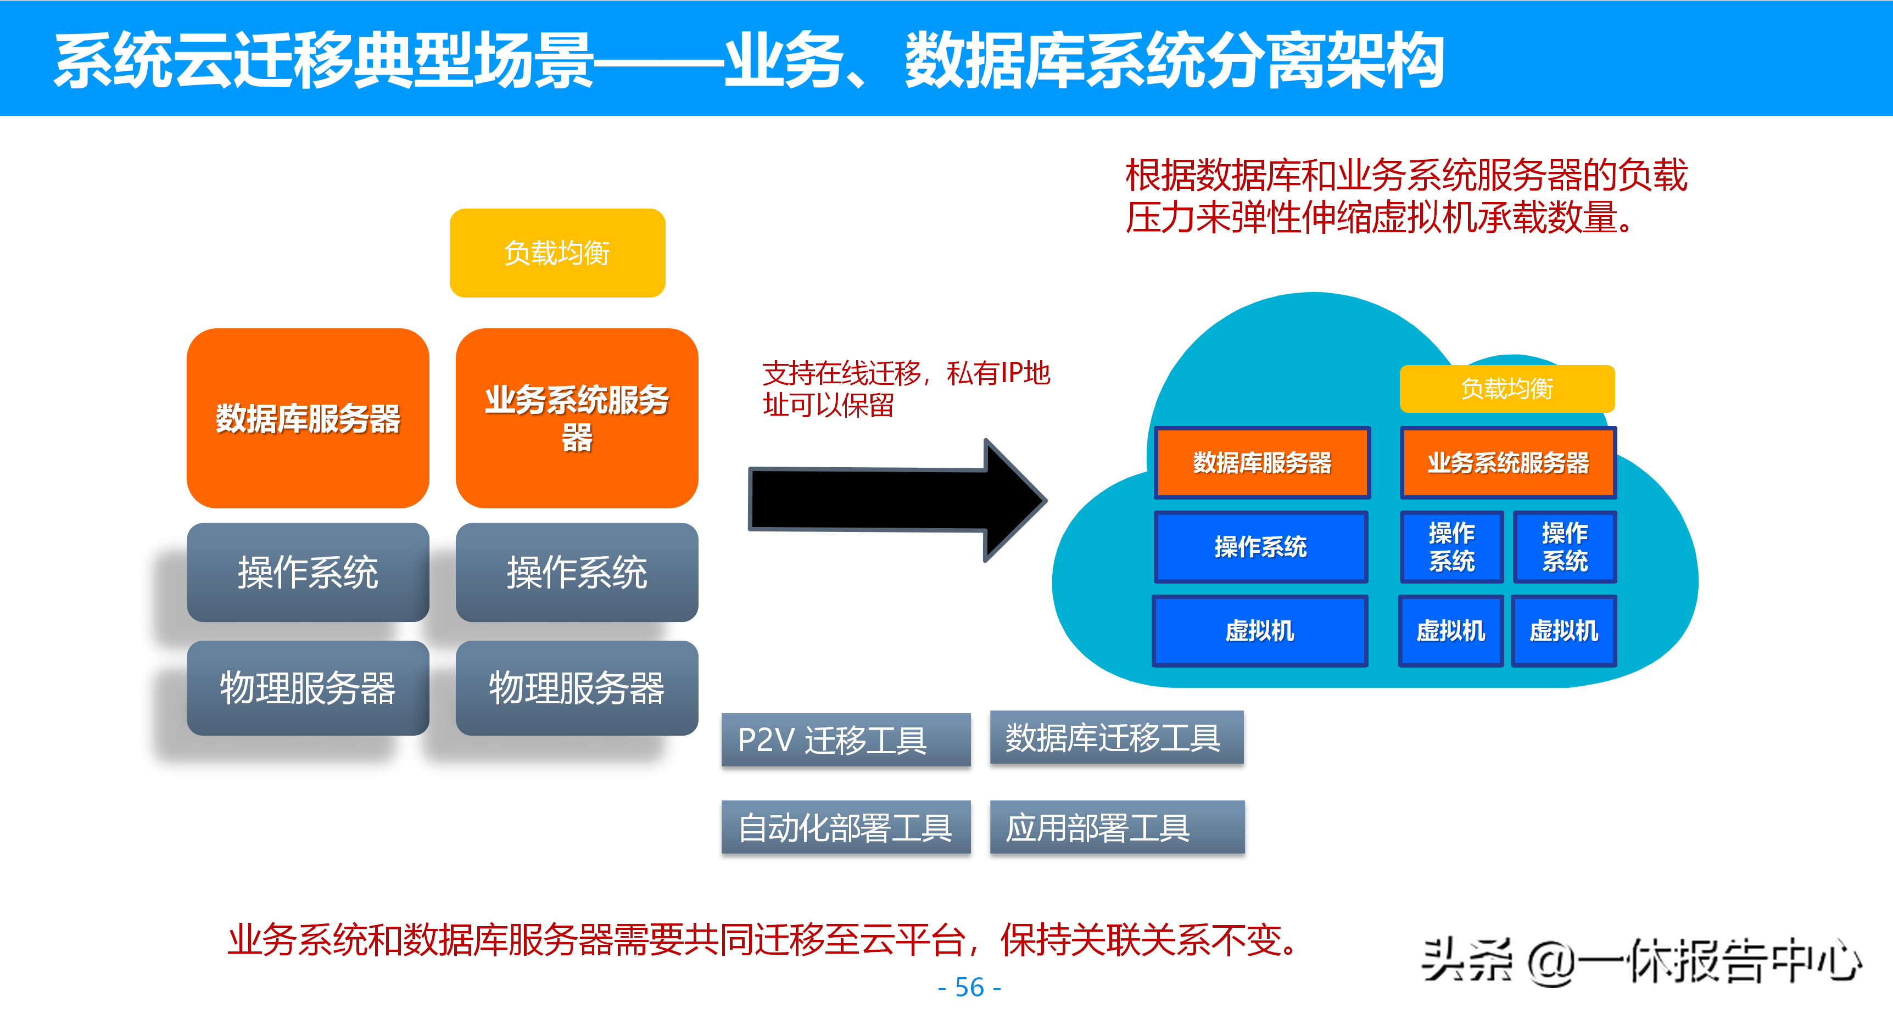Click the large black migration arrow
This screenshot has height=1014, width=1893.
click(897, 500)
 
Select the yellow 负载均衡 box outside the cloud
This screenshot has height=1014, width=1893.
click(557, 253)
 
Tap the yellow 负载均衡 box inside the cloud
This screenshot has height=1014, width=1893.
click(1506, 389)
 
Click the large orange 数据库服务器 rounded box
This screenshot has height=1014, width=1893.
click(308, 418)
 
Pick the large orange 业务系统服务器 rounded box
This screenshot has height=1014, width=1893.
click(577, 418)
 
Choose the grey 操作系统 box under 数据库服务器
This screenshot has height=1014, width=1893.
click(308, 573)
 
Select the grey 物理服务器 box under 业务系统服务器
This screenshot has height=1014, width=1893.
click(577, 688)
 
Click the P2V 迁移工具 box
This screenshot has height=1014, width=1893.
click(846, 739)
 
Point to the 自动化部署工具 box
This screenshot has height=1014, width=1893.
click(846, 827)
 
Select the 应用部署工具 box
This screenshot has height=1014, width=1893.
click(1117, 827)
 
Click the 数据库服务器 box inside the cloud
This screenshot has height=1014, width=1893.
click(1262, 462)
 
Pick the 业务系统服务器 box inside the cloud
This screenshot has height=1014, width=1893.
click(1508, 462)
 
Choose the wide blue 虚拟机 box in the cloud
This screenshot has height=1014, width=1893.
click(1260, 630)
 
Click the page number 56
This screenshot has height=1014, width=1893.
click(969, 987)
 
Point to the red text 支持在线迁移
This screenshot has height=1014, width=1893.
click(841, 373)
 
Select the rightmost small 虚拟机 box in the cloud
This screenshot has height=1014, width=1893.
click(1564, 630)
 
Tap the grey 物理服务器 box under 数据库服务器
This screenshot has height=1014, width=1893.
click(308, 688)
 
